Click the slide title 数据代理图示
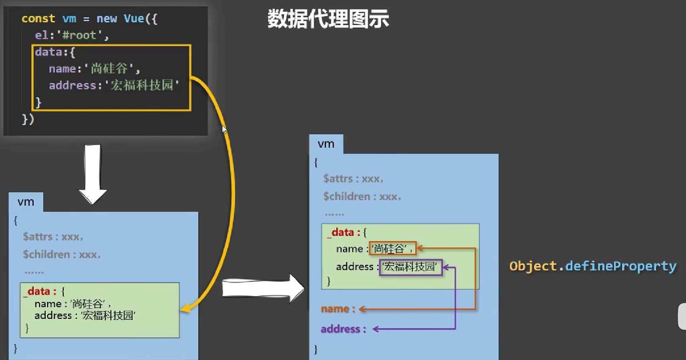[x=328, y=19]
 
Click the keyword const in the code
[x=38, y=19]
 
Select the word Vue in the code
[x=134, y=19]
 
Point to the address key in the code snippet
[x=72, y=85]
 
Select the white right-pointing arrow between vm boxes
[x=263, y=288]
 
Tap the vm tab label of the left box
[x=26, y=202]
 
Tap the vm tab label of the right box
[x=326, y=144]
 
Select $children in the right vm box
[x=347, y=196]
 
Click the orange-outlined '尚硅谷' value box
[x=392, y=249]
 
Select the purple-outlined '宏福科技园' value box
[x=411, y=267]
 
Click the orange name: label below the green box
[x=337, y=309]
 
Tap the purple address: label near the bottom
[x=343, y=329]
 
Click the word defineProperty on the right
[x=620, y=266]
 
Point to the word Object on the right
[x=533, y=266]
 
